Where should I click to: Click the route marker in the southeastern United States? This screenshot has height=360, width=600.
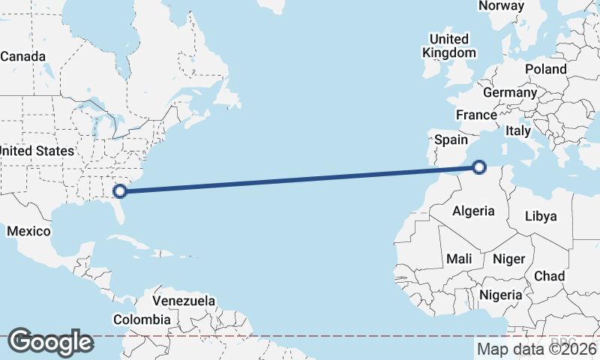[x=119, y=190]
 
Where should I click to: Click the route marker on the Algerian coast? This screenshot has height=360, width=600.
[x=479, y=167]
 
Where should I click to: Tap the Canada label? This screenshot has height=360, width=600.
[x=23, y=56]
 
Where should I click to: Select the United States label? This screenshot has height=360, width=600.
[x=36, y=151]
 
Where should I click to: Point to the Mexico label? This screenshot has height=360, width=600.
[x=28, y=231]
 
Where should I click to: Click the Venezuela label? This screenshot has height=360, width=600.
[x=184, y=301]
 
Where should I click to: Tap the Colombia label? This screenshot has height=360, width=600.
[x=142, y=319]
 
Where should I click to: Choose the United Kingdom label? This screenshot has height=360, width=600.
[x=449, y=46]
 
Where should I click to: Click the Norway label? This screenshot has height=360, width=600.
[x=501, y=6]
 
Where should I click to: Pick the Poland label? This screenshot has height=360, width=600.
[x=546, y=69]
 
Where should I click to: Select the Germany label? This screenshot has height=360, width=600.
[x=510, y=93]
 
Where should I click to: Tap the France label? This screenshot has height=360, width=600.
[x=476, y=115]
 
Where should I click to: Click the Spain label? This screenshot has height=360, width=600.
[x=451, y=139]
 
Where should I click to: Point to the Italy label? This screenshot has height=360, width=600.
[x=518, y=130]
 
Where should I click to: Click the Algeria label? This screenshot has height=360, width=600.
[x=473, y=211]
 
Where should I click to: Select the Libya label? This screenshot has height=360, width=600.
[x=541, y=216]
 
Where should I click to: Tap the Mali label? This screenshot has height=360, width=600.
[x=459, y=259]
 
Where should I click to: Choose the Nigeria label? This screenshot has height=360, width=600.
[x=501, y=295]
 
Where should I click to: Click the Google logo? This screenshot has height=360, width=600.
[x=50, y=341]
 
